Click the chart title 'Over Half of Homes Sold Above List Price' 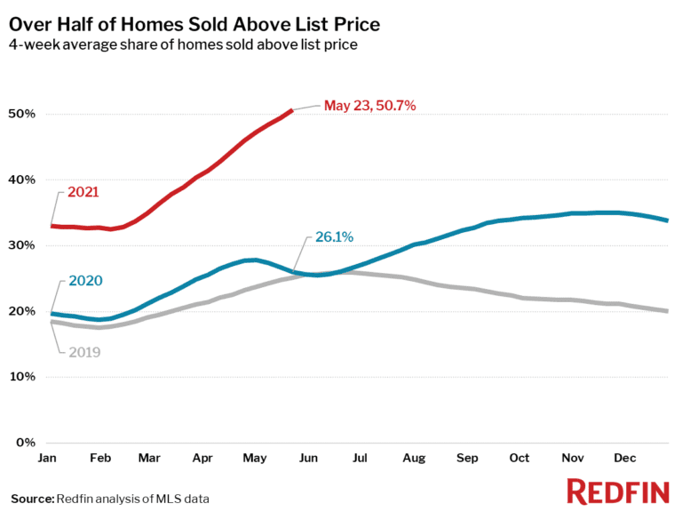pos(194,24)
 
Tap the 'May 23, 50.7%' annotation pos(369,105)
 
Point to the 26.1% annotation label pos(334,237)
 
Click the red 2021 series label pos(83,191)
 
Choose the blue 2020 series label pos(85,281)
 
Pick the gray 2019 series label pos(84,352)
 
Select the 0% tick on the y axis pos(27,443)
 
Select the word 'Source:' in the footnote pos(32,498)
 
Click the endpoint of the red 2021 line pos(292,110)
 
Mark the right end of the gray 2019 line pos(668,311)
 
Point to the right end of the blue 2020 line pos(668,220)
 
